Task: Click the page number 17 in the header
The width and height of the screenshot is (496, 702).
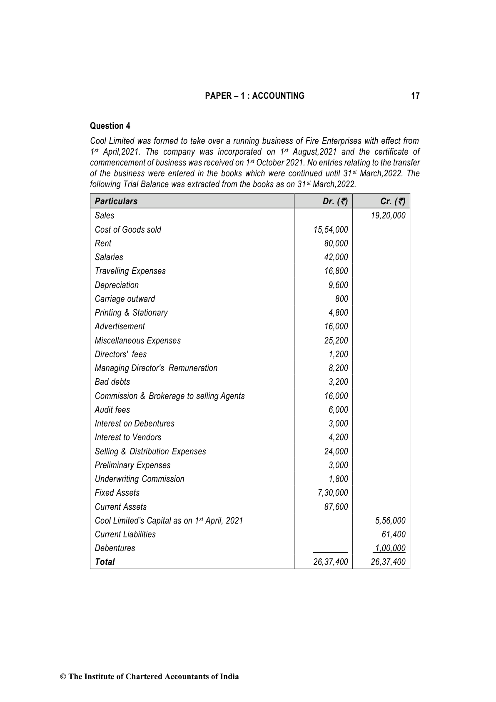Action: [415, 96]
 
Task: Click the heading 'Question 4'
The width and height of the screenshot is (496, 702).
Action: [110, 126]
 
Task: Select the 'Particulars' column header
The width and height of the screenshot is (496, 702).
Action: [116, 201]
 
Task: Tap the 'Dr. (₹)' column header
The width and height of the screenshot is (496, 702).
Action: [335, 201]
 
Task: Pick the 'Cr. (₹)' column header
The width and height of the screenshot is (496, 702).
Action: [393, 201]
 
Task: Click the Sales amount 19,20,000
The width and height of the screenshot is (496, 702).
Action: [388, 216]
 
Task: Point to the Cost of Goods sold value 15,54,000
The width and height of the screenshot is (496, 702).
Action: [331, 230]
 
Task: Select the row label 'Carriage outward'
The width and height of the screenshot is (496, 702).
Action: [125, 299]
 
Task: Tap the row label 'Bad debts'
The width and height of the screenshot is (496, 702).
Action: [112, 382]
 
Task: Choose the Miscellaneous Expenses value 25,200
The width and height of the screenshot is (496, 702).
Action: [336, 341]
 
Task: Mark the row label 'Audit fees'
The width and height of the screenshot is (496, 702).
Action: [112, 410]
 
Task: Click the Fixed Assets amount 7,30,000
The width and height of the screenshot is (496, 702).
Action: [333, 493]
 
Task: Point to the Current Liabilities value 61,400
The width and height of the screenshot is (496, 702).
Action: [394, 534]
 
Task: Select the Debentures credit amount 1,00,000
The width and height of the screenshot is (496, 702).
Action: [390, 548]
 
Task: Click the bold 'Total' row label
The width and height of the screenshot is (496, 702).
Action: [105, 562]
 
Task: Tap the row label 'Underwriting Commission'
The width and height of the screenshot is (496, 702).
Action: [139, 479]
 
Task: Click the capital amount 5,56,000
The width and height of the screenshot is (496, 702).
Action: [390, 521]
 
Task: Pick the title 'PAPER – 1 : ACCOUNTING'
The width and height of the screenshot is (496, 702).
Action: [254, 96]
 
